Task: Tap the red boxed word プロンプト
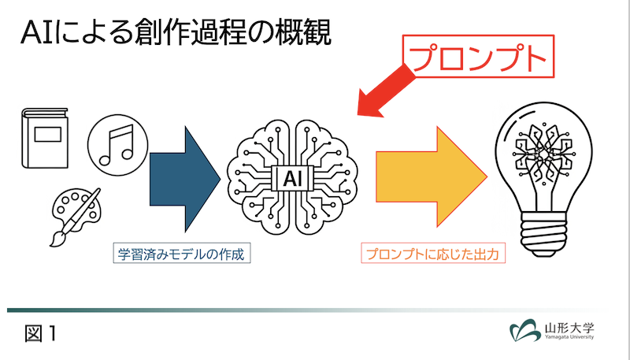[477, 57]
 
